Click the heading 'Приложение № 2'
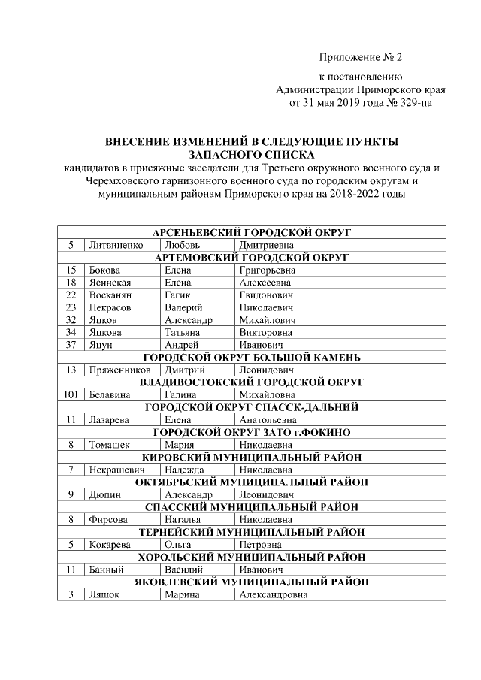[361, 58]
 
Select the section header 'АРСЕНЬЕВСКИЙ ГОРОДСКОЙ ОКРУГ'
[252, 233]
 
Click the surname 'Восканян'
[109, 295]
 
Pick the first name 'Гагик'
[177, 295]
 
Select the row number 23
[71, 307]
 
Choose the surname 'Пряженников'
[119, 370]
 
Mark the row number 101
[71, 394]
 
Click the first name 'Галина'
[180, 394]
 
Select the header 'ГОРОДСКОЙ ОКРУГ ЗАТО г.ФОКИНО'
[252, 432]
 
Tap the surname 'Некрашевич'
[116, 470]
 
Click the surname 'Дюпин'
[104, 494]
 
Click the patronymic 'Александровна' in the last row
[273, 594]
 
